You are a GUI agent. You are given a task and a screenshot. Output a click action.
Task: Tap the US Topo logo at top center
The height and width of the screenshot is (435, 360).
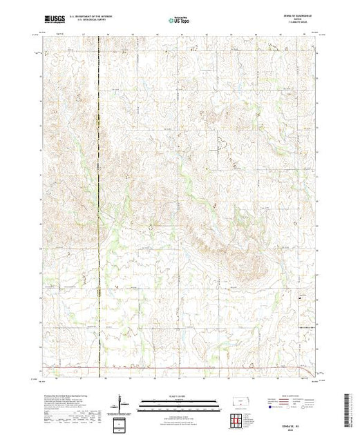click(180, 20)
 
